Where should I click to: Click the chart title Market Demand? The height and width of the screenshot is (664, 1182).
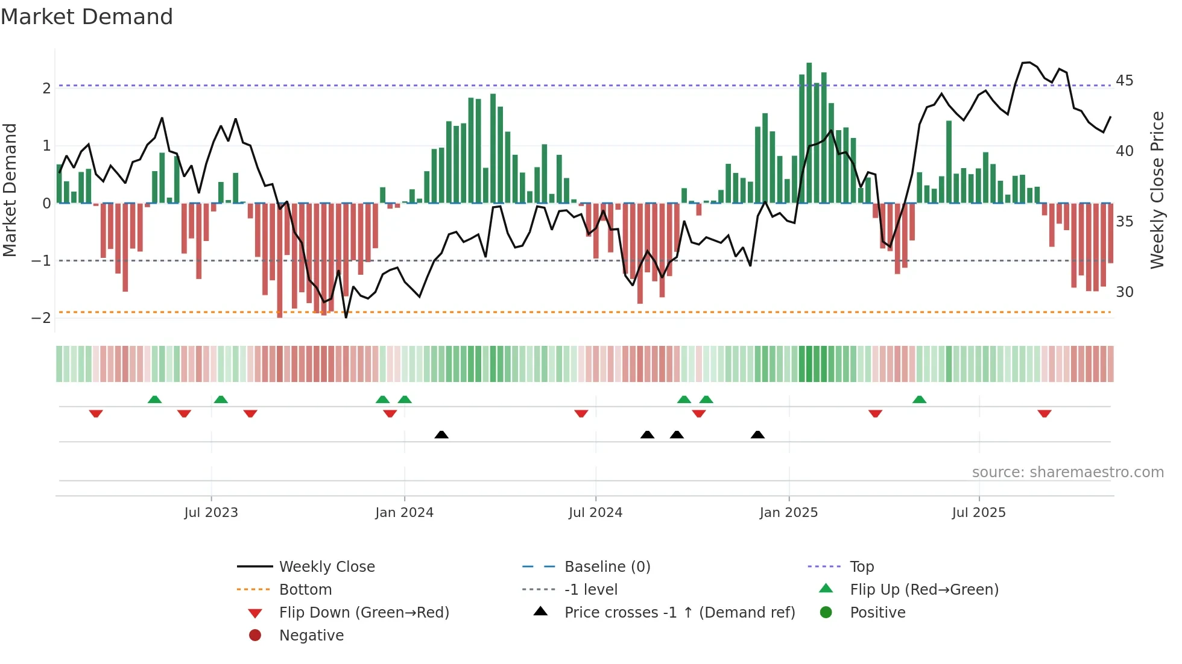(x=87, y=17)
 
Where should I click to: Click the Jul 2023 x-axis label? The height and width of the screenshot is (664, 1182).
(x=211, y=513)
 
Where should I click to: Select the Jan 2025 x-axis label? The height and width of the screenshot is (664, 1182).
(x=788, y=513)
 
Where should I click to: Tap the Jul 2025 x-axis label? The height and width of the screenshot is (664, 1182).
(x=979, y=513)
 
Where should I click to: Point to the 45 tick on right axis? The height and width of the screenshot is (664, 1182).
(x=1124, y=81)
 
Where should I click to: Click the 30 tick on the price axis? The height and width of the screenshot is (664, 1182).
(x=1124, y=292)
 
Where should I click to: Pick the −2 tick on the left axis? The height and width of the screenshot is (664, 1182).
(x=41, y=318)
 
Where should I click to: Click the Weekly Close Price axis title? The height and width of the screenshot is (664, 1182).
(x=1157, y=190)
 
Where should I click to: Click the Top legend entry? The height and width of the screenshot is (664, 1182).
(x=861, y=567)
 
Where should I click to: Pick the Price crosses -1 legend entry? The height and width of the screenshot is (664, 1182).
(x=679, y=613)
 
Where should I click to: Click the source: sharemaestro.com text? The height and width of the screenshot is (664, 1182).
(x=1067, y=472)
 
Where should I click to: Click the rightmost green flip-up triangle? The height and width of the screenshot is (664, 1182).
(x=919, y=399)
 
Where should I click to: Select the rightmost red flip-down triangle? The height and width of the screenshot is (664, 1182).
(x=1045, y=413)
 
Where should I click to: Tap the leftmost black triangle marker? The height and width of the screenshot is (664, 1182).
(x=441, y=434)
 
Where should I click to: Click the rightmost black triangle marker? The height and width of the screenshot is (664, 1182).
(x=757, y=434)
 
